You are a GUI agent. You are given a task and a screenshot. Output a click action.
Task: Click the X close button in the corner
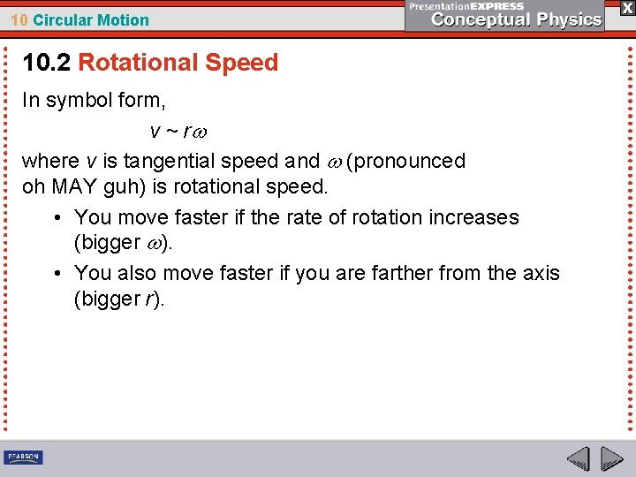pyautogui.click(x=626, y=8)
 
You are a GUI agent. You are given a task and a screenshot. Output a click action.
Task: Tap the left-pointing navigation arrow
pyautogui.click(x=579, y=458)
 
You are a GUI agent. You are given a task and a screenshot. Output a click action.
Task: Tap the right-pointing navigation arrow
pyautogui.click(x=611, y=458)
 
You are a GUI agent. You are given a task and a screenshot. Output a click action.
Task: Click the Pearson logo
pyautogui.click(x=23, y=458)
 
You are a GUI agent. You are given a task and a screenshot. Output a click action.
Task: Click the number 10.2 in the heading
pyautogui.click(x=47, y=63)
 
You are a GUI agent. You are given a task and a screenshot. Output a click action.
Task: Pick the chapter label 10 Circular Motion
pyautogui.click(x=79, y=20)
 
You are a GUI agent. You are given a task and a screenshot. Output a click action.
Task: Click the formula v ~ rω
pyautogui.click(x=181, y=132)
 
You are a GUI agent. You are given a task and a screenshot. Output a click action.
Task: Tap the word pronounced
pyautogui.click(x=410, y=161)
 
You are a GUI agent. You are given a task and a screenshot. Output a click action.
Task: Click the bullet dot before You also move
pyautogui.click(x=57, y=273)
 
